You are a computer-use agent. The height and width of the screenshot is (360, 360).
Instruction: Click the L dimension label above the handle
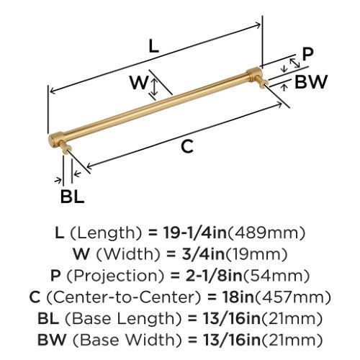(x=154, y=46)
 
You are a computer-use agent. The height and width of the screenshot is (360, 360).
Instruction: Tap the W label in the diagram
(x=139, y=82)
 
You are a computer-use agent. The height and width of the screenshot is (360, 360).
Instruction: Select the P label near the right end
(x=307, y=54)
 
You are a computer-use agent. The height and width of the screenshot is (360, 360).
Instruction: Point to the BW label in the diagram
(x=311, y=81)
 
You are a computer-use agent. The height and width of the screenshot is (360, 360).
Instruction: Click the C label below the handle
(x=187, y=146)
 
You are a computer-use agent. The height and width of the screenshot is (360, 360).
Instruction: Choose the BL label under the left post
(x=72, y=197)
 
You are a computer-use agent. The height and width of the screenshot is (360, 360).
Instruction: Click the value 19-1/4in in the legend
(x=195, y=233)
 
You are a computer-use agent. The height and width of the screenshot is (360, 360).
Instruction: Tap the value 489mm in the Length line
(x=266, y=233)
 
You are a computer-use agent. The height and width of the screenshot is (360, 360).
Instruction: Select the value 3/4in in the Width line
(x=203, y=254)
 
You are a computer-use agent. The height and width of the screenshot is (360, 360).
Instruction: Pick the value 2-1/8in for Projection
(x=214, y=276)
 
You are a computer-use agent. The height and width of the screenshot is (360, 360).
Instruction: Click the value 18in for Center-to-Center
(x=238, y=297)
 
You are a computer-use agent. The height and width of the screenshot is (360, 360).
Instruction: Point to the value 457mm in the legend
(x=292, y=297)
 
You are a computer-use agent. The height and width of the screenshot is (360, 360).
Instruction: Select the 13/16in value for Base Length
(x=232, y=318)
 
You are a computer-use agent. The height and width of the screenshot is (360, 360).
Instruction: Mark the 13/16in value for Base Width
(x=232, y=340)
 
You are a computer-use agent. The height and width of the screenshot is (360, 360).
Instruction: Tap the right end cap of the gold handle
(x=254, y=74)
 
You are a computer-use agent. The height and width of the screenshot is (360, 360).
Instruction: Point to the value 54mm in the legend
(x=276, y=276)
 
